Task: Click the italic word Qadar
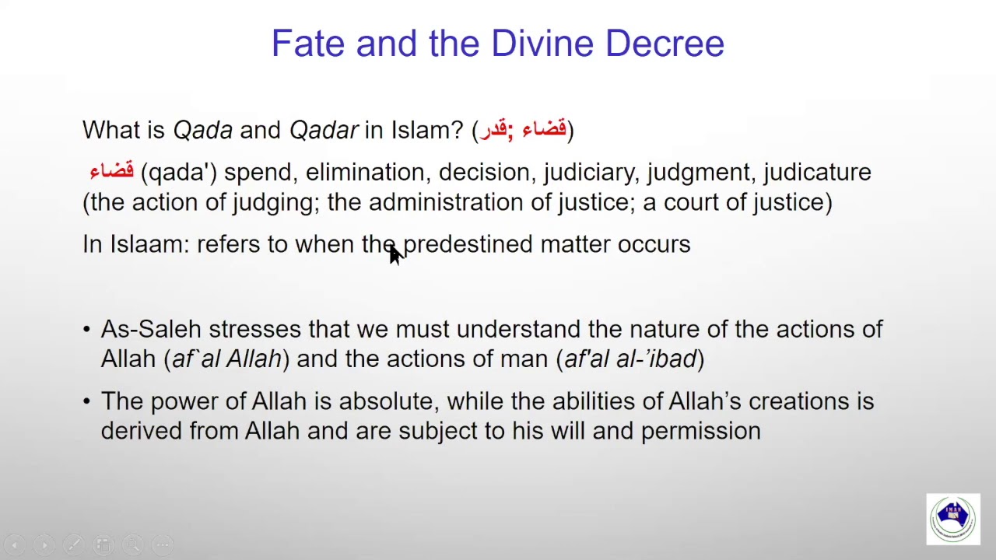(x=324, y=130)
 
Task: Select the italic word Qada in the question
(x=202, y=130)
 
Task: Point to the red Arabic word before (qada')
(x=111, y=171)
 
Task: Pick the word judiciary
(x=591, y=172)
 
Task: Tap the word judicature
(x=817, y=172)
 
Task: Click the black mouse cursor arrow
(x=395, y=254)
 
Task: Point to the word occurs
(x=654, y=244)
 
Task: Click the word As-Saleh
(x=151, y=329)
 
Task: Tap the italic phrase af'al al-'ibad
(x=630, y=359)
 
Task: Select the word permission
(x=700, y=431)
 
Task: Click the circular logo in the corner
(x=953, y=519)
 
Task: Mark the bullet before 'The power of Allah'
(x=86, y=401)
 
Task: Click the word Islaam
(x=149, y=244)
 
